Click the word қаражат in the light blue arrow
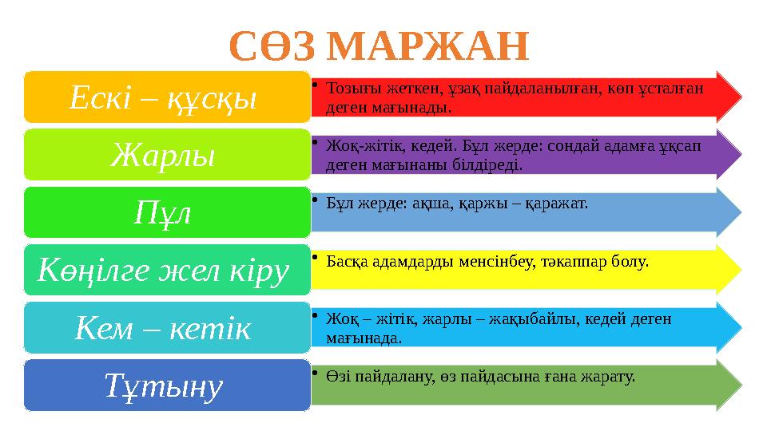pyautogui.click(x=557, y=204)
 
